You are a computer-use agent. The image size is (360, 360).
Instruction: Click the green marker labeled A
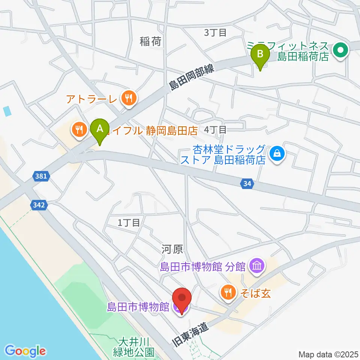coord(100,130)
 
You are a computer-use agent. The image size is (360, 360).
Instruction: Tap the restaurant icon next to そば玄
coord(228,292)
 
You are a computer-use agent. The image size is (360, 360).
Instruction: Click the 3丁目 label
coord(215,33)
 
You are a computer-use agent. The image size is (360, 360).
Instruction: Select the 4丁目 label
coord(215,130)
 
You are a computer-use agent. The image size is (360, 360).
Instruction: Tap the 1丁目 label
coord(129,223)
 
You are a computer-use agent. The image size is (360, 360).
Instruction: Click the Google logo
coord(25,351)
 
